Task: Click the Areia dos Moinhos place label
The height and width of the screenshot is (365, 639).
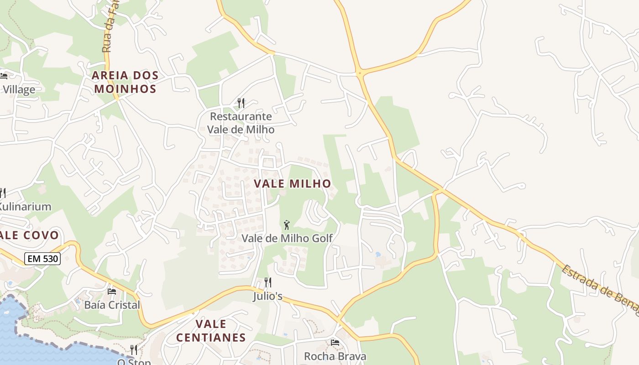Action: pos(126,82)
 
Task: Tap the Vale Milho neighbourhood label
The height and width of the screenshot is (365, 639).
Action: pos(292,184)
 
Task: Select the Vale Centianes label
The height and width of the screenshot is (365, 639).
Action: pos(211,331)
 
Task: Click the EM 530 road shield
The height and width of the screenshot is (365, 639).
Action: pos(42,259)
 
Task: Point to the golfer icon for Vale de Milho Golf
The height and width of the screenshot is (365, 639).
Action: pos(287,225)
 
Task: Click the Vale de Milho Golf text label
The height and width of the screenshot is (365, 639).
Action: pos(287,238)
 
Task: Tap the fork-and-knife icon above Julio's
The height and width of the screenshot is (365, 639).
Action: pos(268,282)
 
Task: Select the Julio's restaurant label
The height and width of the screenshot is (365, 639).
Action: pos(268,297)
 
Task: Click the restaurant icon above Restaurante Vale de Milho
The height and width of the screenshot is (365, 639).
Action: pos(241,103)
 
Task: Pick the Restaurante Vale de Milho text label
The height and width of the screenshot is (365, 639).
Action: pos(241,123)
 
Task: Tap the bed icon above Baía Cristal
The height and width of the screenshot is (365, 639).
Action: pos(112,291)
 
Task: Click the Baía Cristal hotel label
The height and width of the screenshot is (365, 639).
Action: pos(112,305)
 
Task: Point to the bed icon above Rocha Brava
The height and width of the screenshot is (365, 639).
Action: pos(335,342)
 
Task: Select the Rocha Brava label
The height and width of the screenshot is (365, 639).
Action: pos(335,356)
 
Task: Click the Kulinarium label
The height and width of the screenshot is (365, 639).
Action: pos(25,207)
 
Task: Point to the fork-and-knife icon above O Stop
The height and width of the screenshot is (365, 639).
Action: pos(133,349)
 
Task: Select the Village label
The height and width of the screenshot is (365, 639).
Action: pos(19,89)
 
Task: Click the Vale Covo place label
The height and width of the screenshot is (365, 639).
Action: pos(30,235)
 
